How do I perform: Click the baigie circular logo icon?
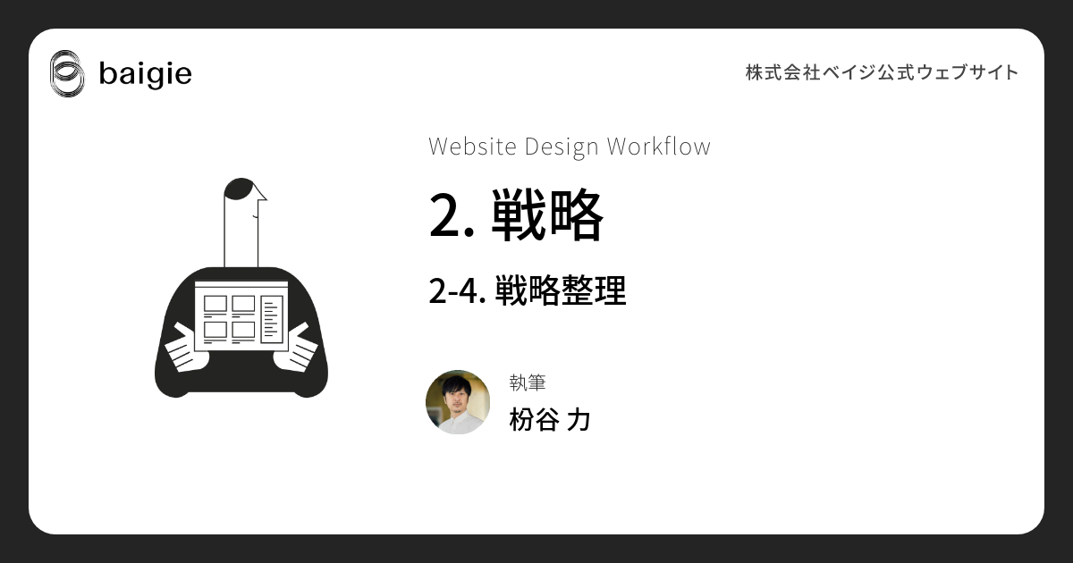tap(67, 73)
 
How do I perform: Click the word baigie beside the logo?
tap(145, 74)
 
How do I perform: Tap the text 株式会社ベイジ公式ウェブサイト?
tap(882, 72)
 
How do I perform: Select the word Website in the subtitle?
tap(472, 147)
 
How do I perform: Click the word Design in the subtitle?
tap(562, 147)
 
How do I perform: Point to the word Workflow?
tap(659, 147)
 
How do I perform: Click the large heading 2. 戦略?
tap(516, 215)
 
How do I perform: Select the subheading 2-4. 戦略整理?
tap(528, 290)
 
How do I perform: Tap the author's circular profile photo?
tap(458, 402)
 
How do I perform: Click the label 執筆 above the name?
tap(528, 382)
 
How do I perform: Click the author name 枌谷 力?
tap(550, 419)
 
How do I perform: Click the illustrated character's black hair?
tap(239, 189)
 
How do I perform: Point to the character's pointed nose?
tap(261, 194)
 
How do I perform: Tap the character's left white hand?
tap(186, 349)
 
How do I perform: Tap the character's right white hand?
tap(295, 348)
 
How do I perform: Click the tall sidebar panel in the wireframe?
tap(272, 319)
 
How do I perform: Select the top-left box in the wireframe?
tap(215, 304)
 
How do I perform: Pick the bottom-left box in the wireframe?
tap(215, 331)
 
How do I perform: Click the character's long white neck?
tap(241, 234)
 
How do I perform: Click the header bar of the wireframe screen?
tap(241, 284)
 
